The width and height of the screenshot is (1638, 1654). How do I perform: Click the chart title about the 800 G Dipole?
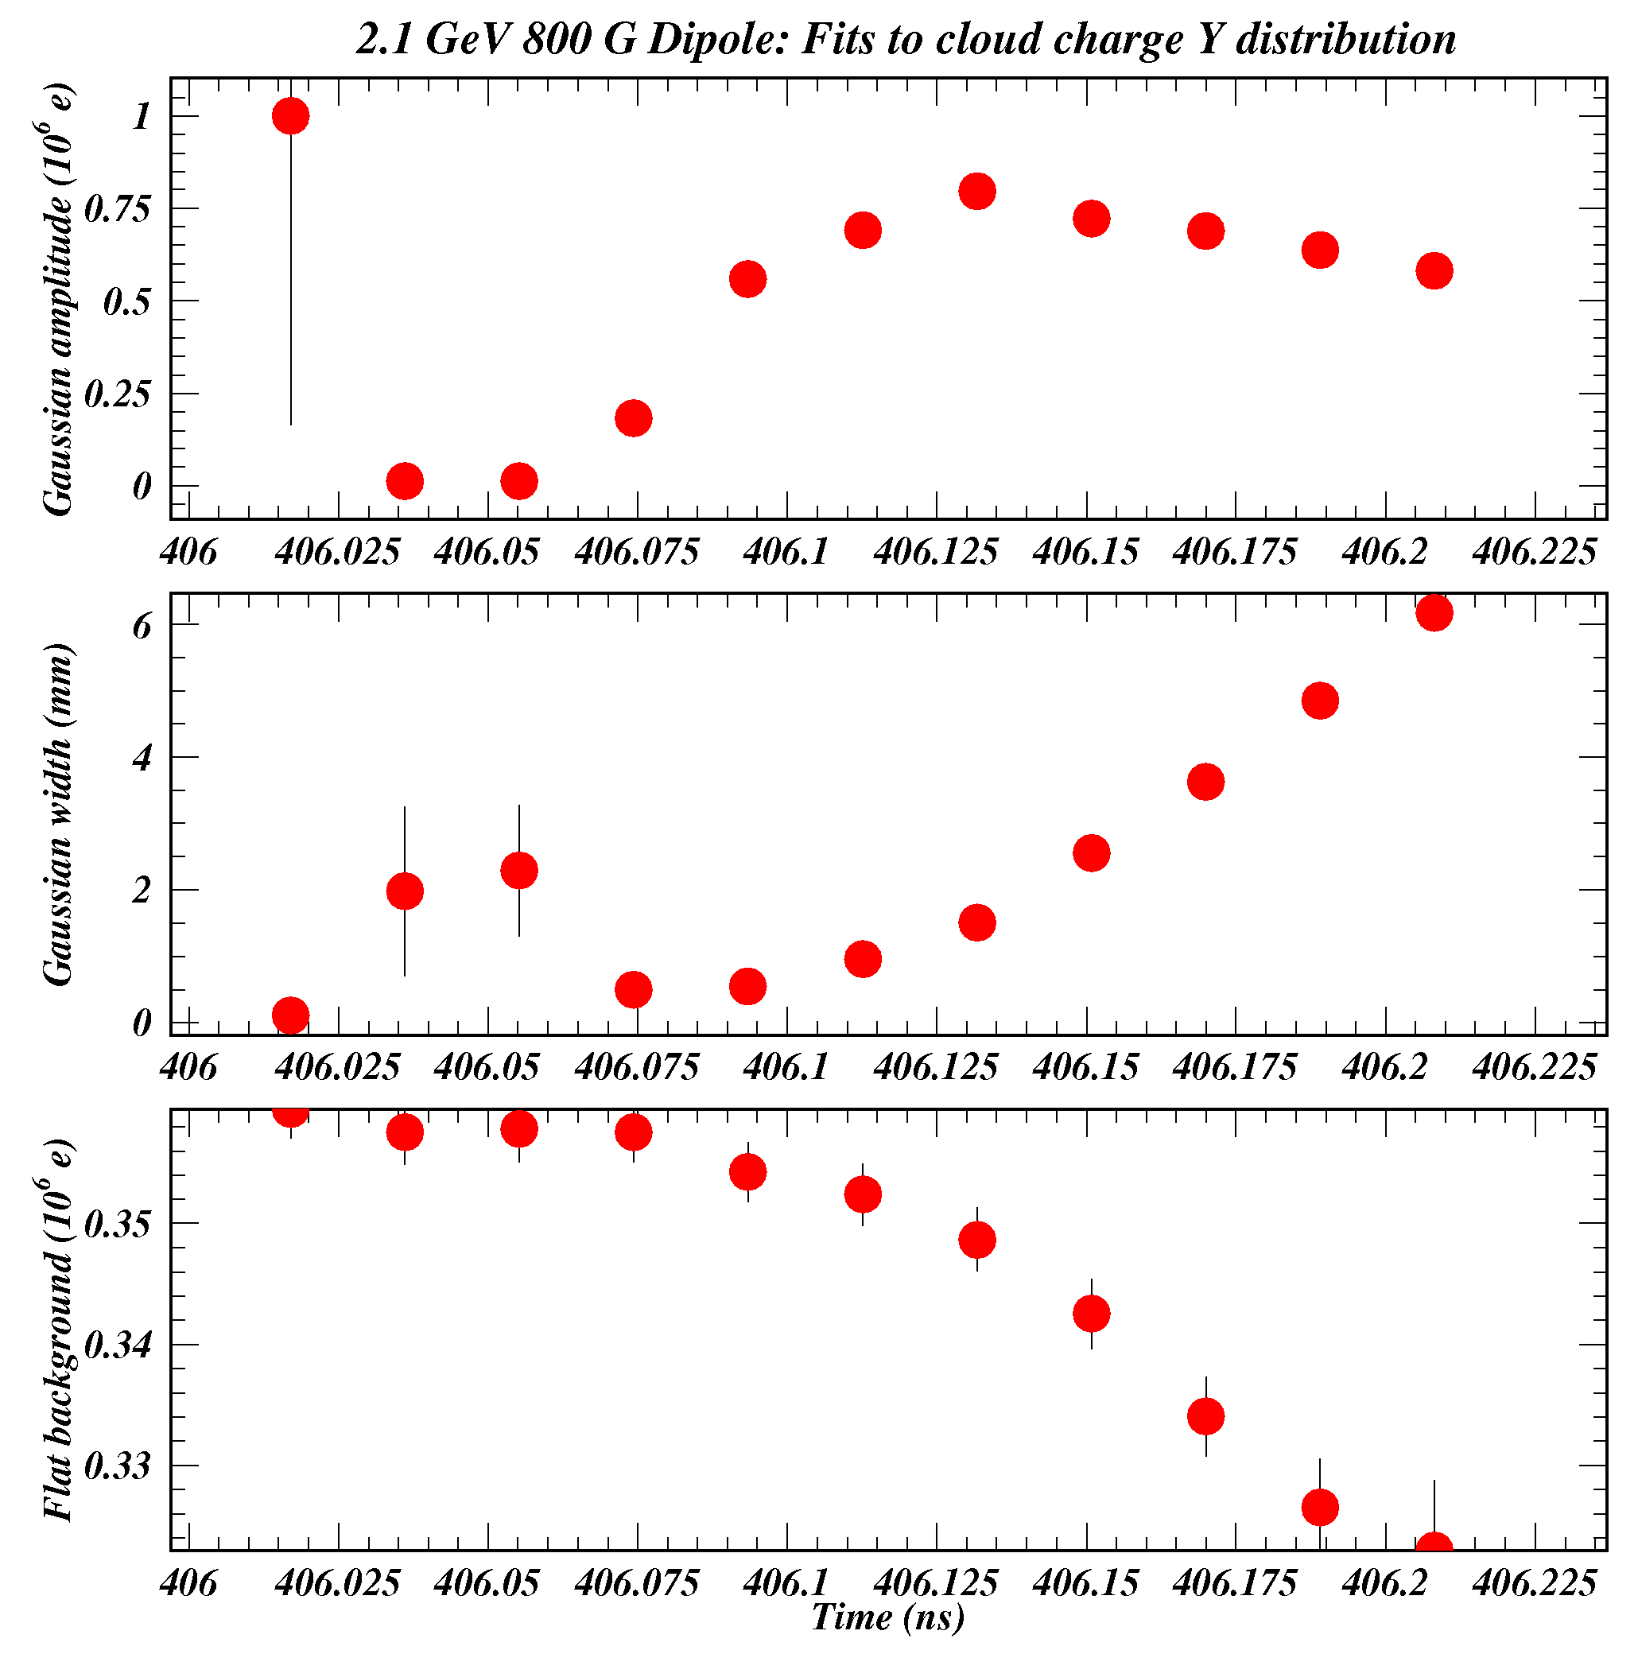coord(905,40)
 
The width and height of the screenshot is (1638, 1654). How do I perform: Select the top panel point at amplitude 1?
coord(290,116)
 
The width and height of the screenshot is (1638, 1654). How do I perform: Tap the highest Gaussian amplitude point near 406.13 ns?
coord(977,191)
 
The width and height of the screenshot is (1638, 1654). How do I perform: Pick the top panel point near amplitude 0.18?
coord(633,417)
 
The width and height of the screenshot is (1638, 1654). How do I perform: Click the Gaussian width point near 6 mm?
coord(1434,612)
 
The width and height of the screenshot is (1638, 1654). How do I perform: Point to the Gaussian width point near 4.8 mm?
coord(1319,701)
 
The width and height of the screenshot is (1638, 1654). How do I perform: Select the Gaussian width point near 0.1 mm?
coord(290,1015)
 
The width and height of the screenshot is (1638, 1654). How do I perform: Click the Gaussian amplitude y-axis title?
coord(58,300)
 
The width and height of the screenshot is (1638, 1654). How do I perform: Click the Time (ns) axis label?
coord(888,1617)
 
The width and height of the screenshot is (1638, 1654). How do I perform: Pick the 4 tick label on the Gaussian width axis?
coord(142,758)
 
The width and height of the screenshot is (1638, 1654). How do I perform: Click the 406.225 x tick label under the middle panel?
coord(1534,1068)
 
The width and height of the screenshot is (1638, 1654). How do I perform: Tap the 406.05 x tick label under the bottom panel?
coord(487,1584)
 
